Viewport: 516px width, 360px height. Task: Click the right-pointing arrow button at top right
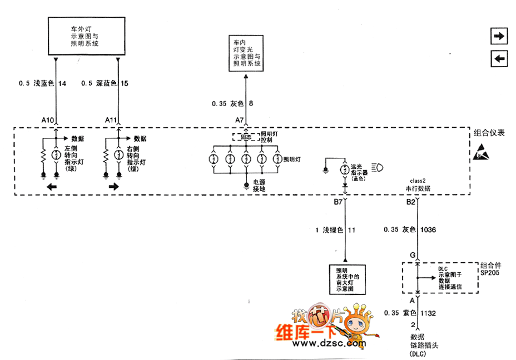(499, 37)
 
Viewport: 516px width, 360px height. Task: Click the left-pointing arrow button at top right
(499, 58)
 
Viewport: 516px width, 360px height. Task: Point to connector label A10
(48, 120)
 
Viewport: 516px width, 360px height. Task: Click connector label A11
(111, 120)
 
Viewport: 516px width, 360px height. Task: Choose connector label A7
(239, 120)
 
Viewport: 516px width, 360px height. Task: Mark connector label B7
(338, 203)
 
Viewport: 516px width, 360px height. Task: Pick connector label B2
(410, 203)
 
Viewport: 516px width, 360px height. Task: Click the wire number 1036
(429, 229)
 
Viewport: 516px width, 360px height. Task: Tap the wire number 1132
(428, 313)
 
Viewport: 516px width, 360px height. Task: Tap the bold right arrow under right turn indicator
(114, 187)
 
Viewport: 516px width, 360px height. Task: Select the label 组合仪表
(489, 133)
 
